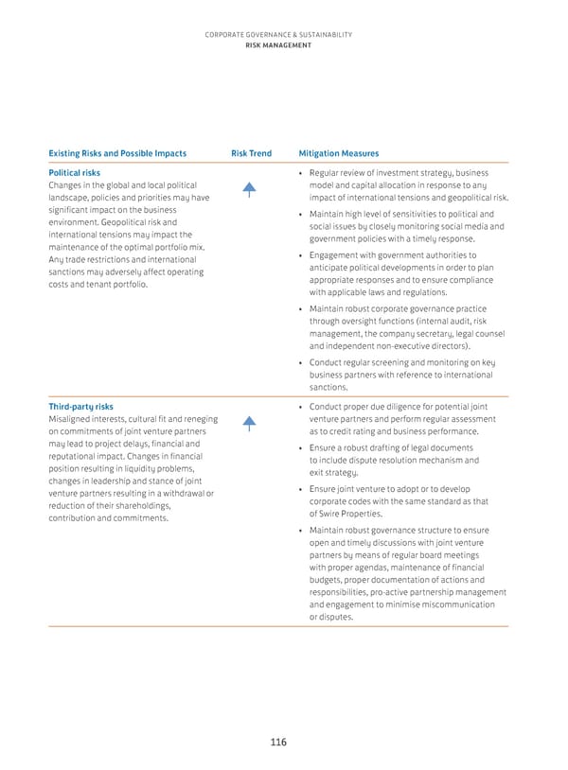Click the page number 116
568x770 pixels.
277,742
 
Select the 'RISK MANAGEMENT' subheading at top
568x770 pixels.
277,44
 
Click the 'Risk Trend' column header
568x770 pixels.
251,153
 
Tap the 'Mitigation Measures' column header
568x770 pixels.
338,153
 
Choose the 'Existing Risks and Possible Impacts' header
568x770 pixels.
117,153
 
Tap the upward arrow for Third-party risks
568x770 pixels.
249,423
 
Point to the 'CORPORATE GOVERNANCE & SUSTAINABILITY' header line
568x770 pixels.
277,35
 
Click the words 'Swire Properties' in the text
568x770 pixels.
348,514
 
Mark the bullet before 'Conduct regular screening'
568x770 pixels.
300,361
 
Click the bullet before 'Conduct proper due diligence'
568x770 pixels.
300,407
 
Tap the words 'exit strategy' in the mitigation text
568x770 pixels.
334,473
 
